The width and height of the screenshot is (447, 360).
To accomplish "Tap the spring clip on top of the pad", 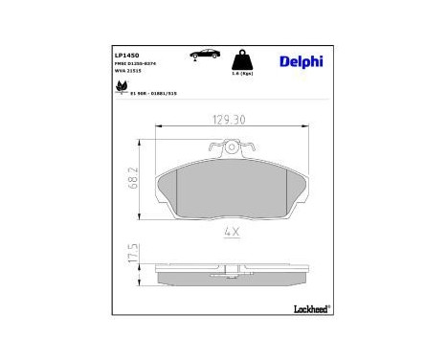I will (231, 149).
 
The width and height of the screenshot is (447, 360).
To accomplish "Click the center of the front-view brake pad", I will (231, 187).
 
